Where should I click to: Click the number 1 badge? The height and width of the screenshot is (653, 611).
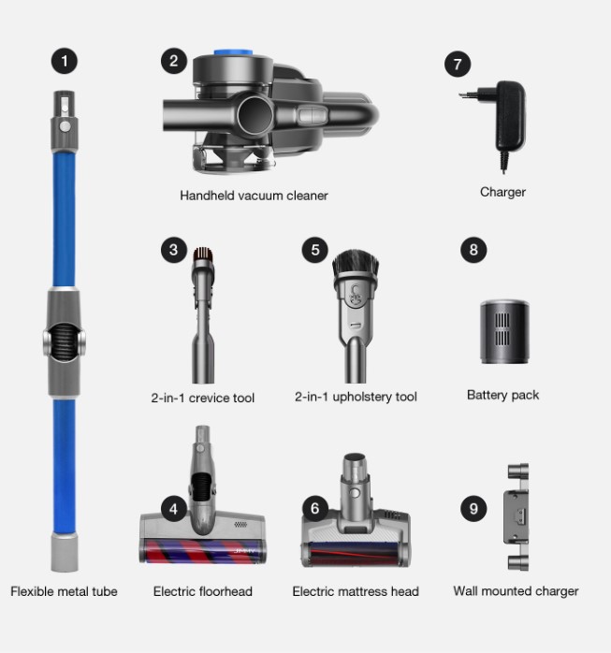[65, 61]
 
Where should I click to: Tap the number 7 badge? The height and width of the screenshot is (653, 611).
[458, 65]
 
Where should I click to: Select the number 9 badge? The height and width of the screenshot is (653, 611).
[473, 509]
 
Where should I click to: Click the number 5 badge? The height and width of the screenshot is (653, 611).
[315, 250]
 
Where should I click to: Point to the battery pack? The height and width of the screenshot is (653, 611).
[504, 331]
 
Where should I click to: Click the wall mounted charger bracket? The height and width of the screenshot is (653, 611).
[517, 517]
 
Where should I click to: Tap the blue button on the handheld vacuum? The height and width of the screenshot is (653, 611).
[233, 53]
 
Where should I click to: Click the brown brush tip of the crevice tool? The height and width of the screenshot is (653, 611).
[203, 254]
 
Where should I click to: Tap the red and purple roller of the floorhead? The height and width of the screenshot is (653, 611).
[203, 550]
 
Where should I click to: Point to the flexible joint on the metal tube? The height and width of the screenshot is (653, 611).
[65, 341]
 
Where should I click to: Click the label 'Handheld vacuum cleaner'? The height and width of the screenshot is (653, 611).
[254, 196]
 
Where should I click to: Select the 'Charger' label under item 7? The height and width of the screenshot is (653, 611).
[502, 192]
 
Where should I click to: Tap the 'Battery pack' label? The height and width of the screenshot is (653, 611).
[502, 395]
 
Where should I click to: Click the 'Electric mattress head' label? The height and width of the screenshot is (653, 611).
[356, 591]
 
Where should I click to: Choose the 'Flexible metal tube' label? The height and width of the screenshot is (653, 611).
[64, 591]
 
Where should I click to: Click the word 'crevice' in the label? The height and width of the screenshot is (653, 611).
[209, 398]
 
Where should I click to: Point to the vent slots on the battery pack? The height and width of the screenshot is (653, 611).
[502, 329]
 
